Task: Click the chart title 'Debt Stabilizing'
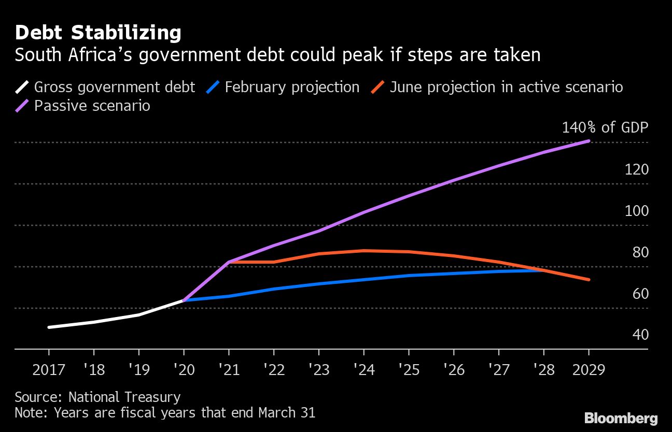tap(98, 33)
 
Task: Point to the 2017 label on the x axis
tap(49, 370)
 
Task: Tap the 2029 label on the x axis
tap(589, 370)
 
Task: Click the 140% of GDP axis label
tap(605, 127)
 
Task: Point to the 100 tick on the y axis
tap(637, 211)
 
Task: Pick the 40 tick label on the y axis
tap(640, 335)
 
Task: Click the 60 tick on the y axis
tap(640, 294)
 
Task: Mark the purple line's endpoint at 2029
tap(589, 140)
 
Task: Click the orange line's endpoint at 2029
tap(589, 280)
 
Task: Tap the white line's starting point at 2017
tap(49, 327)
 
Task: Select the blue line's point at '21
tap(229, 296)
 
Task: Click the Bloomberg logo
tap(621, 418)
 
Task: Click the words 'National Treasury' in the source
tap(124, 397)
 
